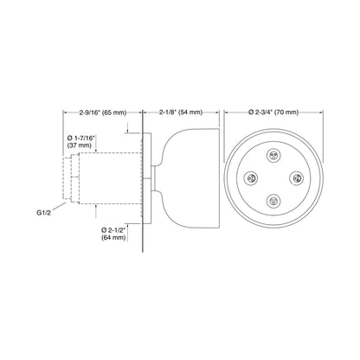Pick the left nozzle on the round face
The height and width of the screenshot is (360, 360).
pos(254,179)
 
